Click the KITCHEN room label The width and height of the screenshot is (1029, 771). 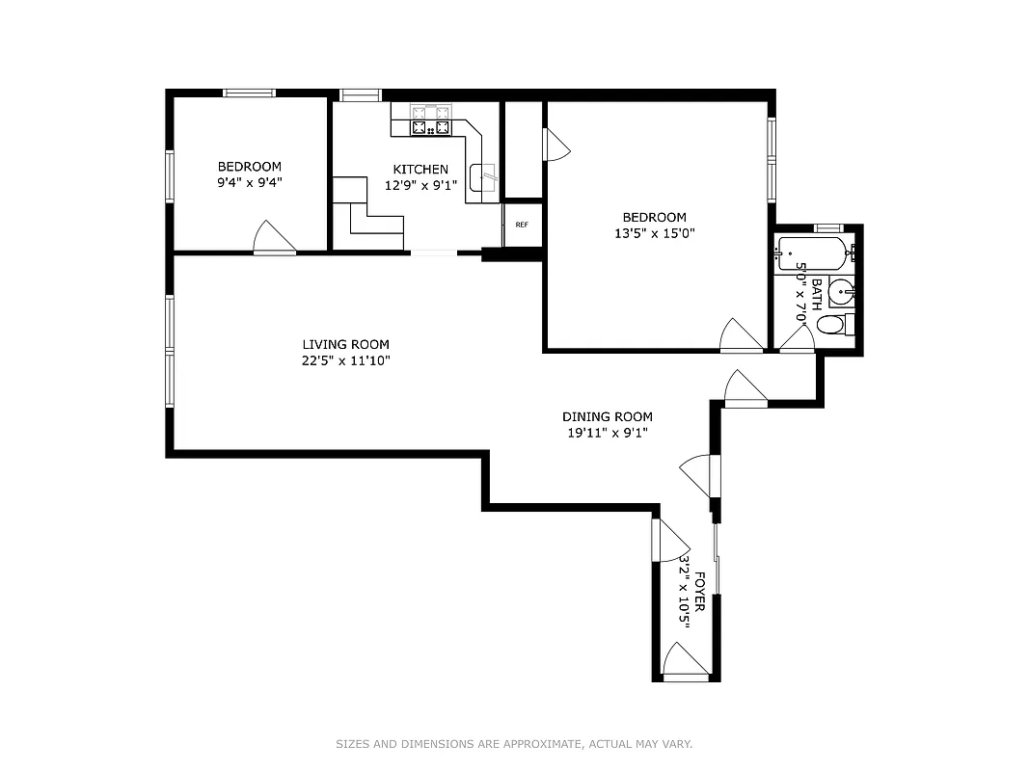[420, 170]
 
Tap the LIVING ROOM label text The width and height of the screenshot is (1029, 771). [345, 344]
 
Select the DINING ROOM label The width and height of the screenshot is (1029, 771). [607, 416]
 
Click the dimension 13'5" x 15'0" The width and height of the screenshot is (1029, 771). [654, 232]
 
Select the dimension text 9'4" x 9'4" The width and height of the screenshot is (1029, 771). [249, 181]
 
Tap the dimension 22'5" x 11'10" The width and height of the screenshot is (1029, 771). [345, 360]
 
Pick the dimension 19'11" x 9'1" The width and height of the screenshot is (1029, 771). [607, 433]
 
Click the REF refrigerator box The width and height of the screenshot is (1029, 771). [522, 225]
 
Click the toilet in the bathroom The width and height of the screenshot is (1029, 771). [833, 325]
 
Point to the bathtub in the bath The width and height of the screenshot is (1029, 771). [812, 253]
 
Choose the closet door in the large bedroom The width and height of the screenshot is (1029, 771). [556, 146]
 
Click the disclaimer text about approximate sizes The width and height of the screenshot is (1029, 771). [514, 744]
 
